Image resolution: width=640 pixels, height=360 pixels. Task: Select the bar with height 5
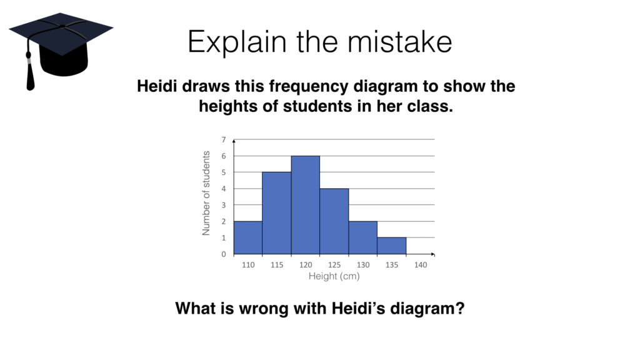(276, 213)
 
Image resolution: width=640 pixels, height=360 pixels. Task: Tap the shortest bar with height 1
(392, 246)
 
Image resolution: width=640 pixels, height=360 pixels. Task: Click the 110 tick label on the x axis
(248, 265)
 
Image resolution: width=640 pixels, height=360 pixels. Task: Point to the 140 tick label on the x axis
(421, 265)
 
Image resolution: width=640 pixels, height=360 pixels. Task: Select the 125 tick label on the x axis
(334, 265)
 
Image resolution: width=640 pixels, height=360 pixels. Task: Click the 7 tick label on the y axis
(224, 139)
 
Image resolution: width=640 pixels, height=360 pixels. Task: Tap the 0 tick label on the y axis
(224, 254)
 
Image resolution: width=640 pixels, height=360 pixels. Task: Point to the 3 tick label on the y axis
(224, 205)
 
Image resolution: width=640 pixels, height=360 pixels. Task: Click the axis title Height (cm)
(334, 276)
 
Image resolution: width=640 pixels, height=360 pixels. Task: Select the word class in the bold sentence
(430, 106)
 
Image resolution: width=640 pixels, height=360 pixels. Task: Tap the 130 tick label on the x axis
(363, 265)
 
